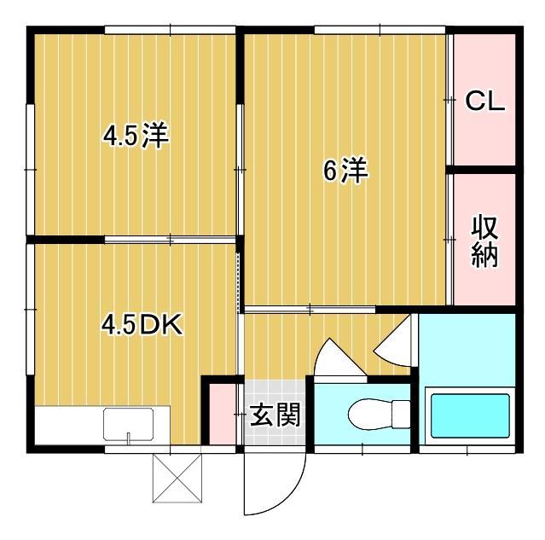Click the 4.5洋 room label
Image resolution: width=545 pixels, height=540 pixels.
coord(135,136)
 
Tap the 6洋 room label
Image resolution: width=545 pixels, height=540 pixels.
coord(345,171)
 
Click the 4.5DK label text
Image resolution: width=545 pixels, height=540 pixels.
coord(142,325)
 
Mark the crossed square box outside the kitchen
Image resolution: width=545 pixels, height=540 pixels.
coord(177,479)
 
